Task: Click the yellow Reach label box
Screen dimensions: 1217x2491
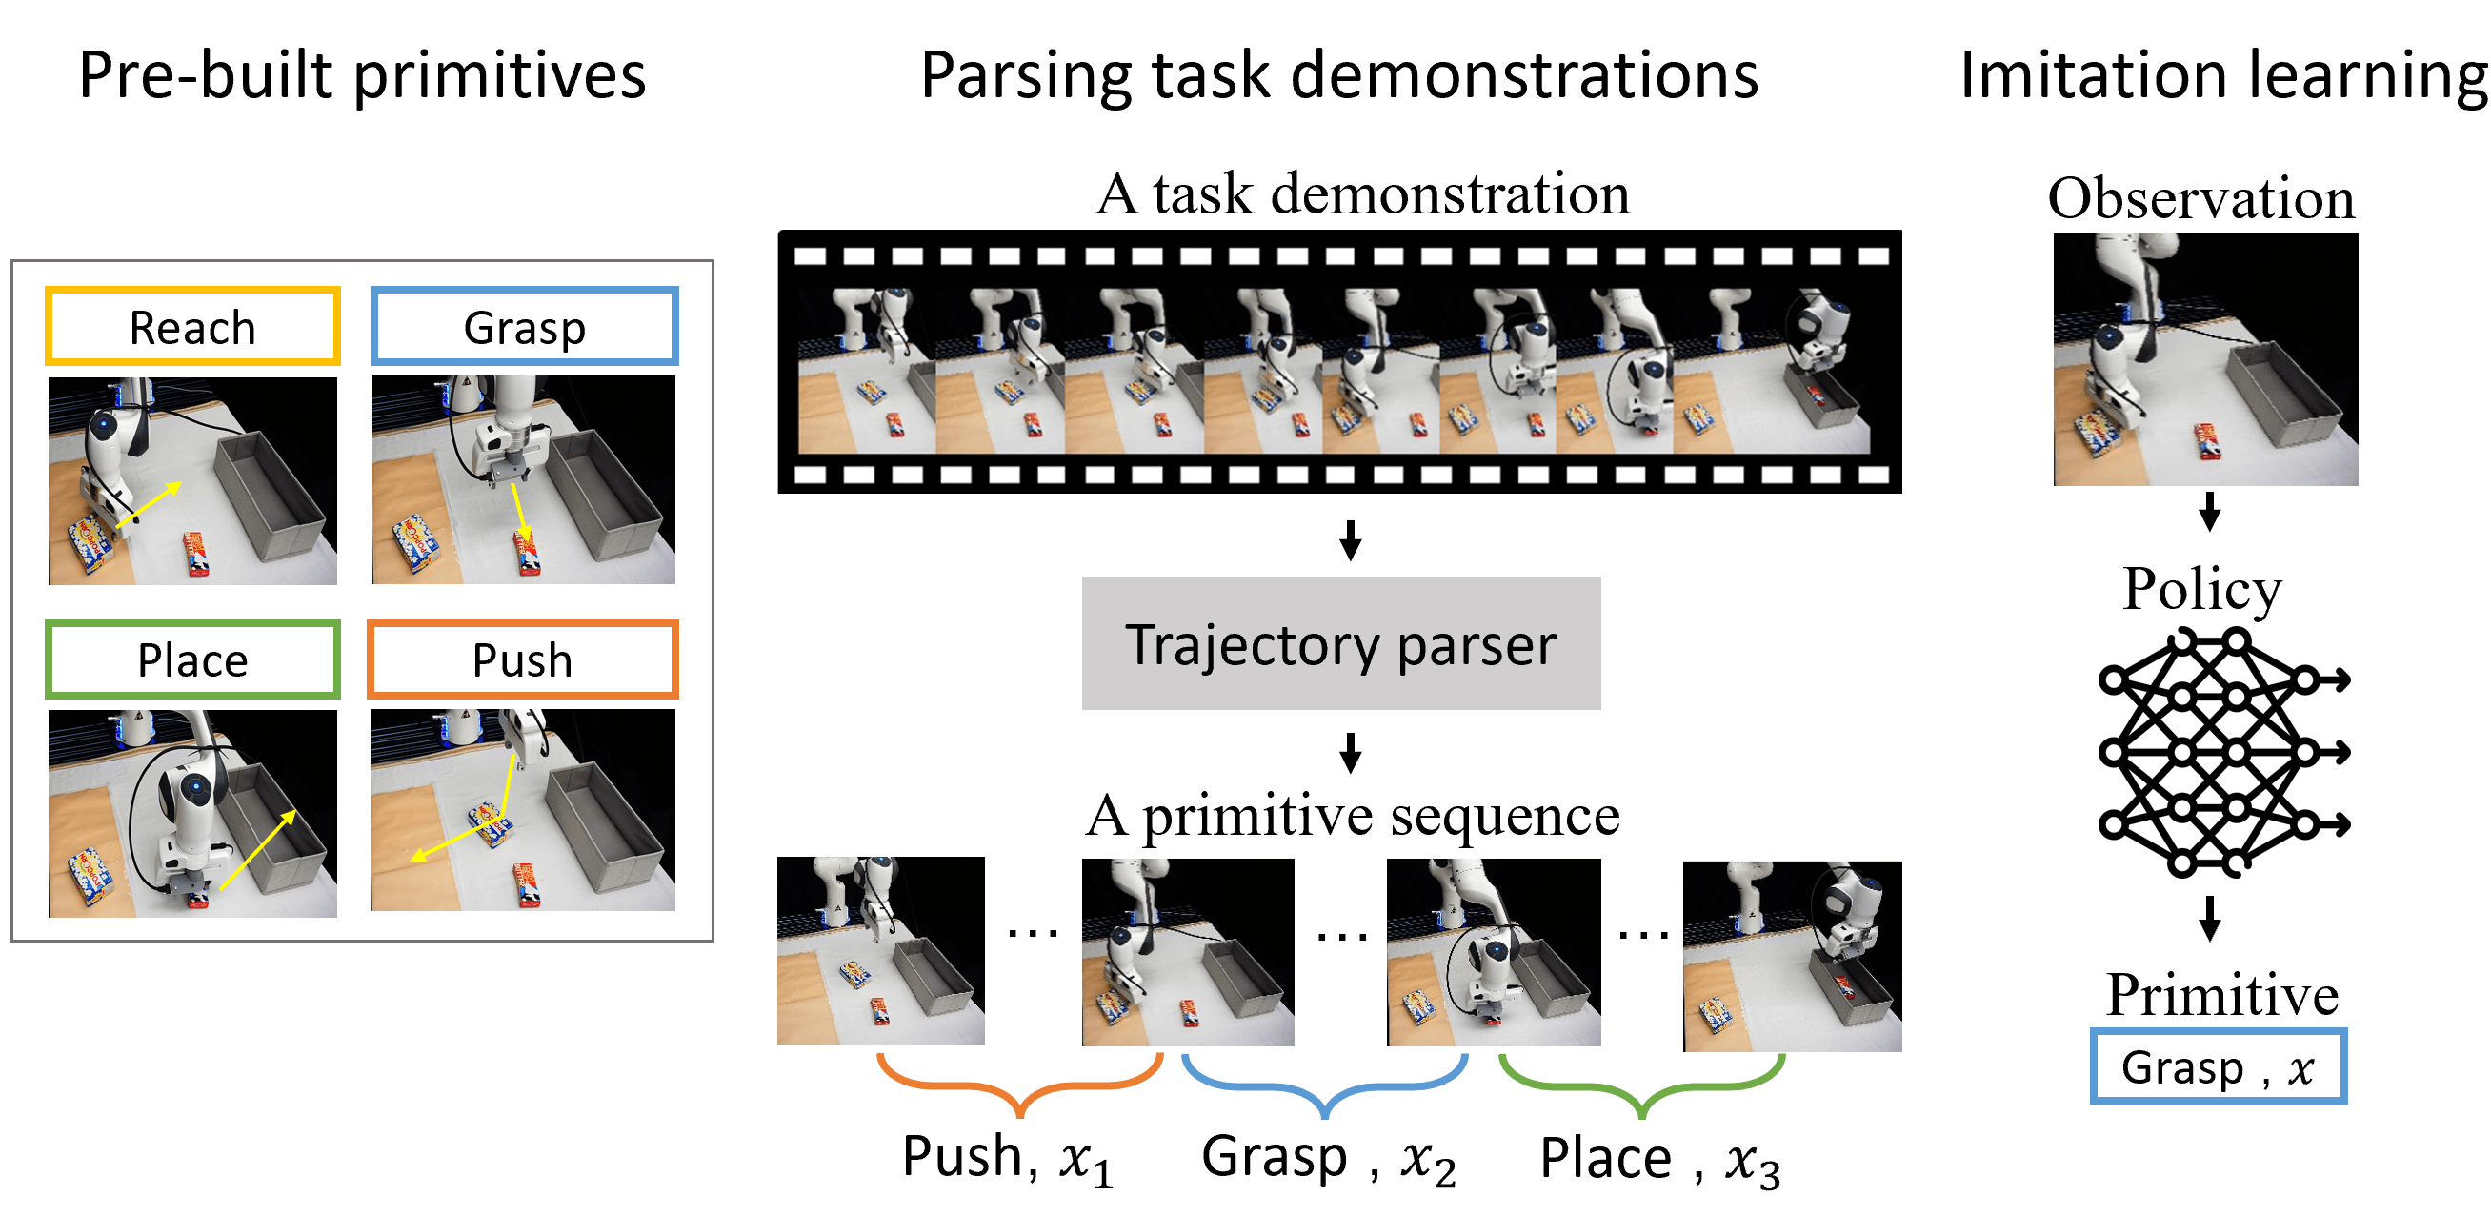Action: click(192, 326)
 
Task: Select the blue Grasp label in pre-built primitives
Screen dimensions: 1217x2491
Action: click(524, 326)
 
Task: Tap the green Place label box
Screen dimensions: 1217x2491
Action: click(192, 659)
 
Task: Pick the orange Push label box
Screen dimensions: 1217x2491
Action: click(522, 659)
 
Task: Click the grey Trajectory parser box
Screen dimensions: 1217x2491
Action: click(1340, 643)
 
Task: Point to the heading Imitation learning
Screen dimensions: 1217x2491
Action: click(2222, 75)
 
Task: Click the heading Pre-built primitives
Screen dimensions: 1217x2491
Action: click(362, 75)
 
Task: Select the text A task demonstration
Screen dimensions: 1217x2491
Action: click(1362, 193)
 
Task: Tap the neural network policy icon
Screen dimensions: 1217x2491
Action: click(2222, 752)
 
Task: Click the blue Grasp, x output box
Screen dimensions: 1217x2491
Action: click(2219, 1067)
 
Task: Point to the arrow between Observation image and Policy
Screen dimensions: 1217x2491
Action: click(2209, 512)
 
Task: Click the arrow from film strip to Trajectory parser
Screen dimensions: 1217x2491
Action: click(1351, 540)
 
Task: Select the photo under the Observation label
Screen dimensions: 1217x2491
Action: click(2206, 360)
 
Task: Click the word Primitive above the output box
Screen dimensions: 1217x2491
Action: click(2222, 995)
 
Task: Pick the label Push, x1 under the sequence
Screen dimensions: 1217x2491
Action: click(1007, 1159)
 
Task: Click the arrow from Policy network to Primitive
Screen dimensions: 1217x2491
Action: click(2209, 918)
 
